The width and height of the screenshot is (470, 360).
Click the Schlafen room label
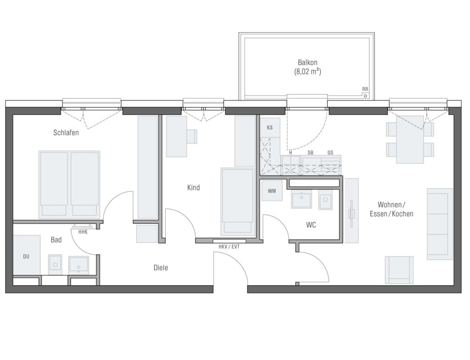66,133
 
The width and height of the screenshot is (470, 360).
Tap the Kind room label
193,188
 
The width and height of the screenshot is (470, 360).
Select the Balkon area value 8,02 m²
308,72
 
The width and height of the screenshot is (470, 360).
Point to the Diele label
161,268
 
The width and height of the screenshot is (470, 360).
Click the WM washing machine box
272,191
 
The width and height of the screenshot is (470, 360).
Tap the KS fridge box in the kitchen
270,128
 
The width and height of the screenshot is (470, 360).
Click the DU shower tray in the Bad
26,255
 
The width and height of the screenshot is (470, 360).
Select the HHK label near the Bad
83,232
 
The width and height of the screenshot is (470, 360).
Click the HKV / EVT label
229,247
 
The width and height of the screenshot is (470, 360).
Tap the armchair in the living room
399,270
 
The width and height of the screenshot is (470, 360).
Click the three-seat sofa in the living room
440,224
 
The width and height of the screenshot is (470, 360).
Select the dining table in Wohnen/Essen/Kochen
410,140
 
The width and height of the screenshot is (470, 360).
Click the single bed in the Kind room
237,202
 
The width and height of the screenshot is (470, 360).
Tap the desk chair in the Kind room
192,136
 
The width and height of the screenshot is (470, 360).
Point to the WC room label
311,225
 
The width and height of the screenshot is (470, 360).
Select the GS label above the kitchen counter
330,153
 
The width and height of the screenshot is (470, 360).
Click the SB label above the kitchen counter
310,153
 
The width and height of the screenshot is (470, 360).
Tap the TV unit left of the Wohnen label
351,211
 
